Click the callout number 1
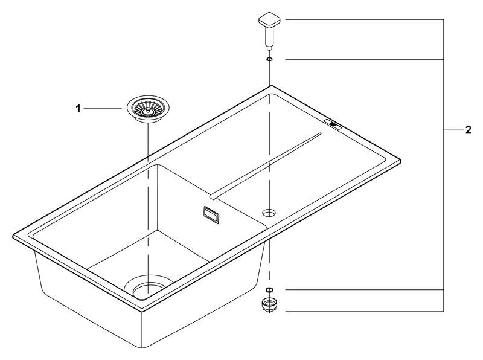tap(78, 109)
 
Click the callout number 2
tap(469, 130)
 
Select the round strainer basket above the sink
tap(148, 109)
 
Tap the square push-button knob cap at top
tap(269, 20)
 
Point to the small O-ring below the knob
tap(269, 59)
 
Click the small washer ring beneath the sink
tap(269, 289)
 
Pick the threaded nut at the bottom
tap(269, 305)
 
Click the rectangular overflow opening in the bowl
tap(211, 214)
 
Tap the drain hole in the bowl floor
tap(149, 287)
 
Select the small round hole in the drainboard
tap(269, 212)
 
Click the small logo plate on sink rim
tap(333, 124)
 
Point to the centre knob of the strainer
tap(148, 110)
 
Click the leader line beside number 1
tap(103, 109)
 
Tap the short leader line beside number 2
tap(453, 130)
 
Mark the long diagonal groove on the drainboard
tap(266, 166)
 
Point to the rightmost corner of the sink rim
tap(400, 161)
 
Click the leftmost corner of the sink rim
tap(13, 236)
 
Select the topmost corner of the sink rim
tap(270, 86)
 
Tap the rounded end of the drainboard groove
tap(213, 197)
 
